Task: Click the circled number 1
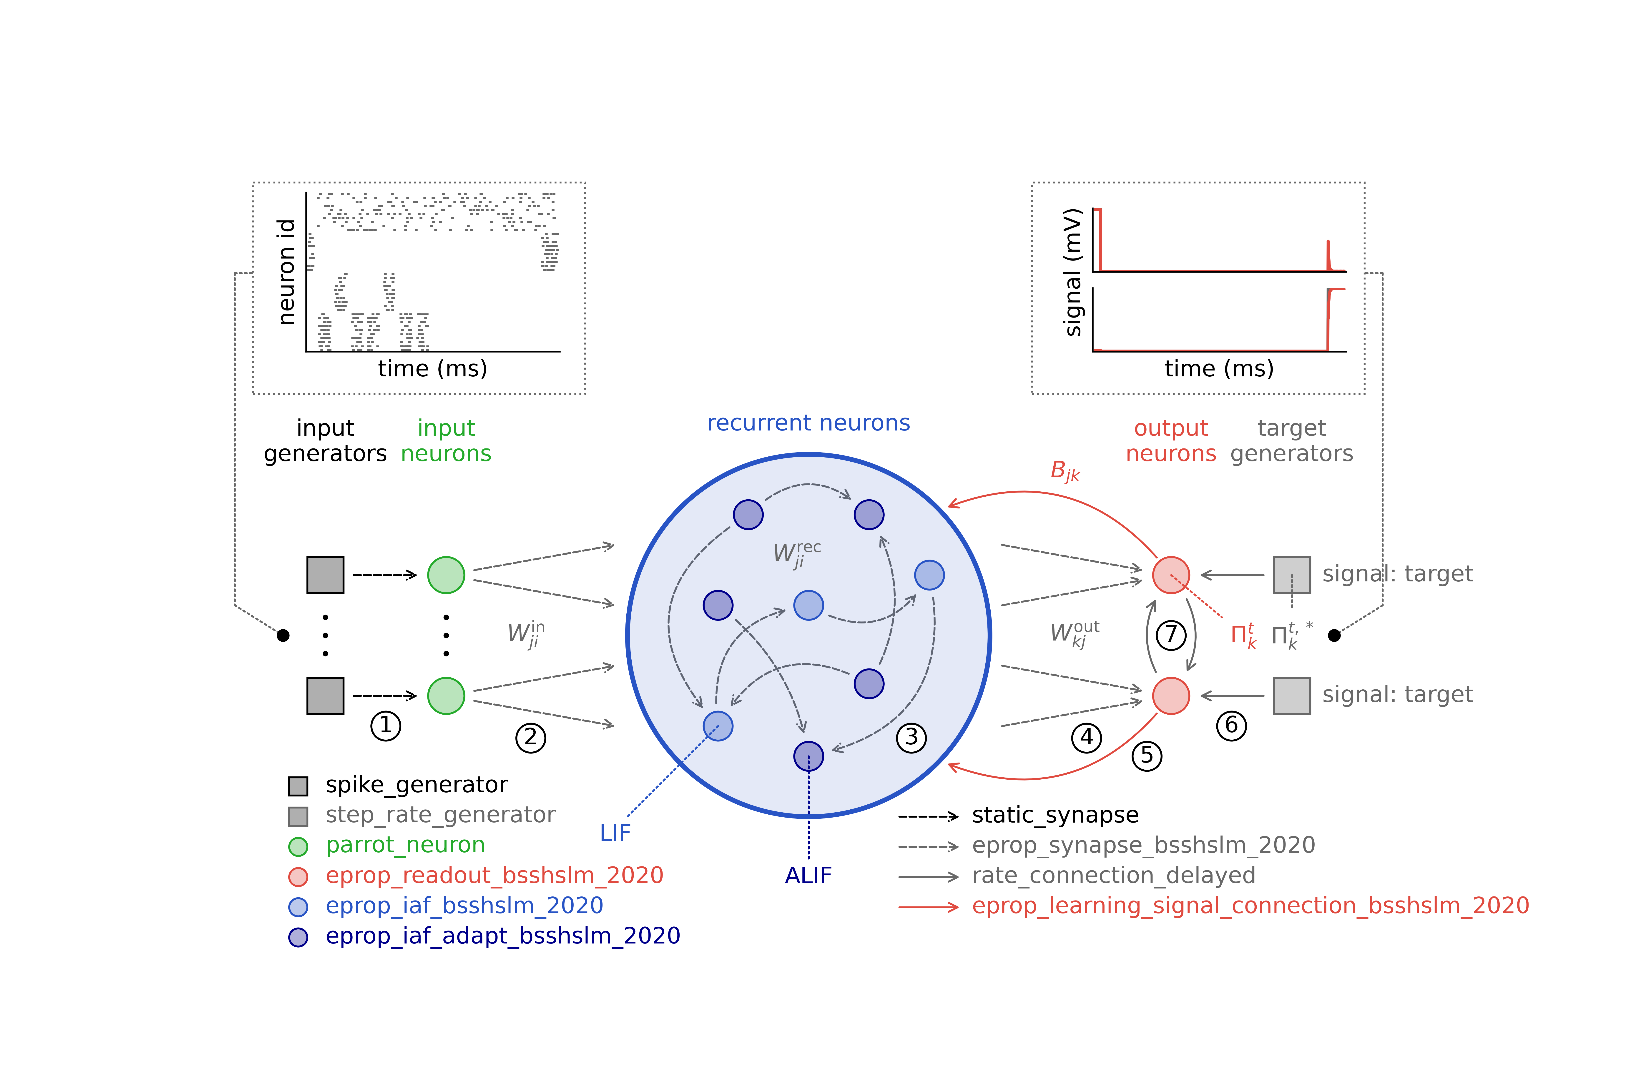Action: pos(386,726)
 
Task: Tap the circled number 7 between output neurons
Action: pos(1171,635)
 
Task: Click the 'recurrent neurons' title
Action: pos(808,423)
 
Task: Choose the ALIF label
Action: pos(808,875)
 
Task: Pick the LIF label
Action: pos(615,833)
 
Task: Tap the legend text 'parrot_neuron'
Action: pos(405,845)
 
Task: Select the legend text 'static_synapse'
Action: pos(1055,815)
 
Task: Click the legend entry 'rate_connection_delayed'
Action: pos(1114,875)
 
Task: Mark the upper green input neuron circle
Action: pos(446,575)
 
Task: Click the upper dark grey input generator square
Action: pos(325,575)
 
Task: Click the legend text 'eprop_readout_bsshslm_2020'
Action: pos(494,875)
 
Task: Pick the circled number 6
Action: pos(1231,726)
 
